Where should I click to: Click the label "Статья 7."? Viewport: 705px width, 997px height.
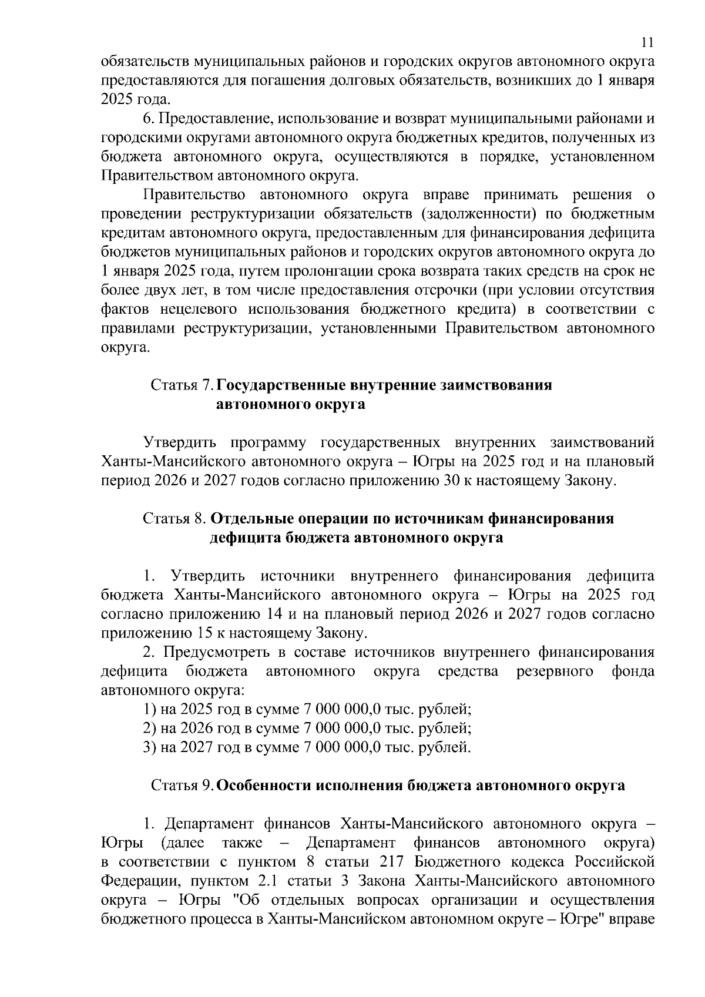[183, 386]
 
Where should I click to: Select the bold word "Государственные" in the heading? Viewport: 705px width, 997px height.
[281, 386]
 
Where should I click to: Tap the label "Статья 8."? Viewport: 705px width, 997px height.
[174, 519]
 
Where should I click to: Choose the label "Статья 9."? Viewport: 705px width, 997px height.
[183, 785]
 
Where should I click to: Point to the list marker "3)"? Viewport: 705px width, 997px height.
[150, 747]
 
